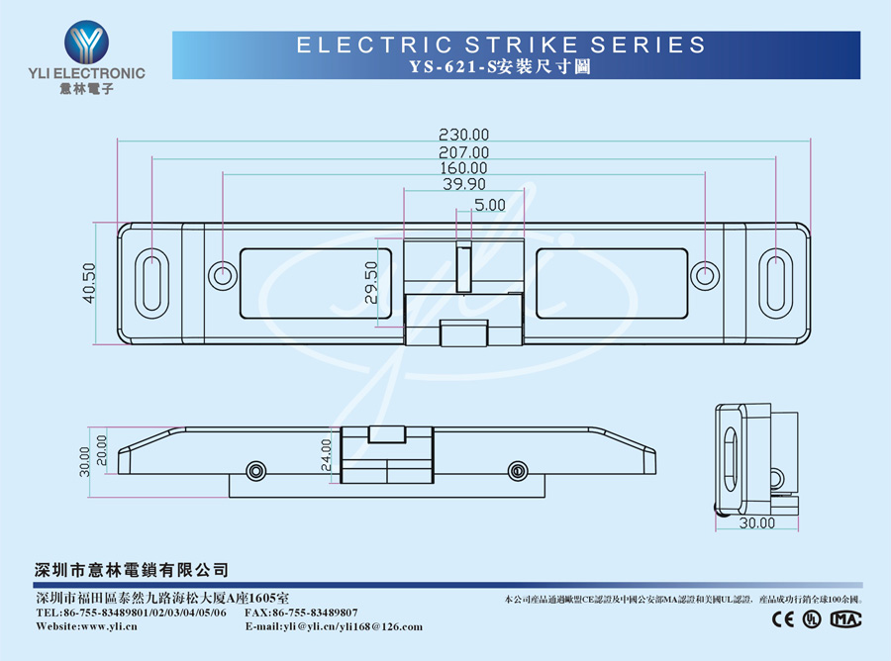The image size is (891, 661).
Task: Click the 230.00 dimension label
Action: [463, 135]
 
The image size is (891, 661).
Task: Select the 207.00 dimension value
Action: [463, 151]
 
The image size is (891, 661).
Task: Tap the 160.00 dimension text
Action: [463, 167]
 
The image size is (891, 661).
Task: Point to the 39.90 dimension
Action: [463, 183]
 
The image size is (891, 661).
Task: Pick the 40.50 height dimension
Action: [88, 282]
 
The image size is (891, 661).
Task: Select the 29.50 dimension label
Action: [370, 282]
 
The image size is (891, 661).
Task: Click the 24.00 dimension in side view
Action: [327, 454]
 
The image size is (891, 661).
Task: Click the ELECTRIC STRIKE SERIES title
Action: [501, 45]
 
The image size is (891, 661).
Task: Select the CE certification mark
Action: [783, 618]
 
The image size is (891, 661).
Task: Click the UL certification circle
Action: [812, 618]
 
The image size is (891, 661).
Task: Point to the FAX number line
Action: [301, 613]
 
